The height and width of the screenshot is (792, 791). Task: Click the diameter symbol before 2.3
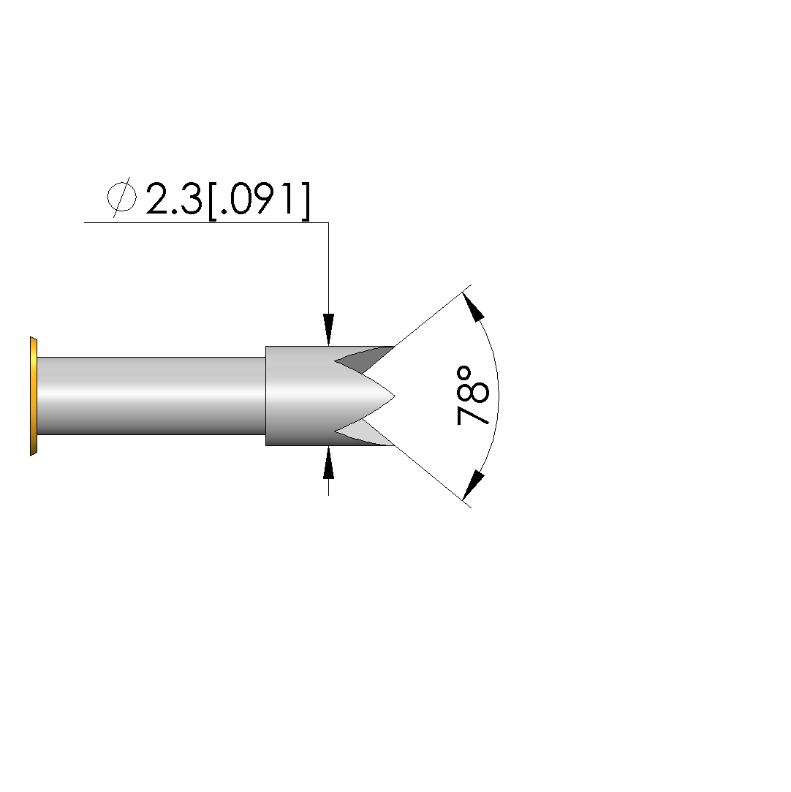point(121,197)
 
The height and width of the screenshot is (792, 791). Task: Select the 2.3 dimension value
point(174,198)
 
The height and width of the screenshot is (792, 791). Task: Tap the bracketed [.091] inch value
point(259,200)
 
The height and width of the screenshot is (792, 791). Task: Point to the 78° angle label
point(472,396)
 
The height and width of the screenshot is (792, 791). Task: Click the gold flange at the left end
point(34,396)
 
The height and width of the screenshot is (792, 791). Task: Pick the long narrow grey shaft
point(151,396)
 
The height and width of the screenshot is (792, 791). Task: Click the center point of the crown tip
point(395,396)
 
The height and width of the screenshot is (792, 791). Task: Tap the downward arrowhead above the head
point(329,330)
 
